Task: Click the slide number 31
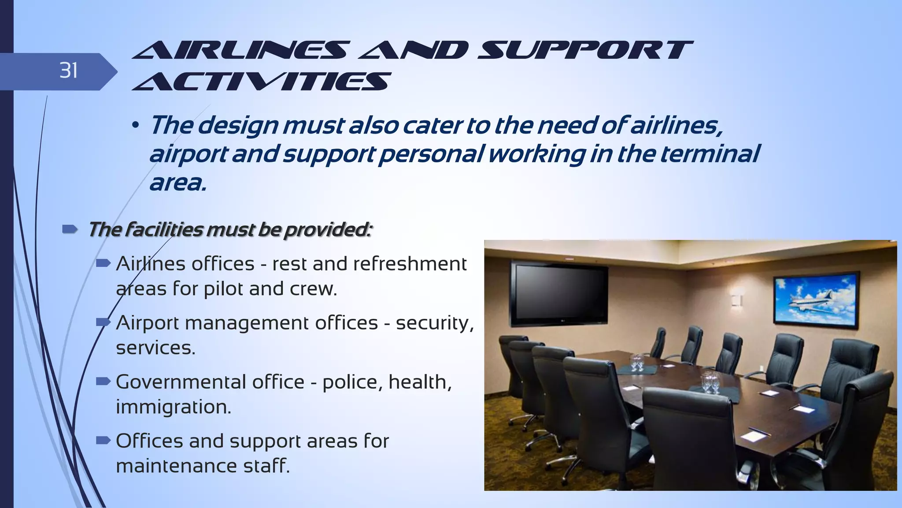[69, 71]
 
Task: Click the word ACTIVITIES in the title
[261, 82]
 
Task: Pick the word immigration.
[174, 407]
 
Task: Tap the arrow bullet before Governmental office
[103, 381]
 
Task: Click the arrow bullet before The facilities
[70, 229]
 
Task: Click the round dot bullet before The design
[136, 127]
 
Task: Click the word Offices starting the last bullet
[149, 441]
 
